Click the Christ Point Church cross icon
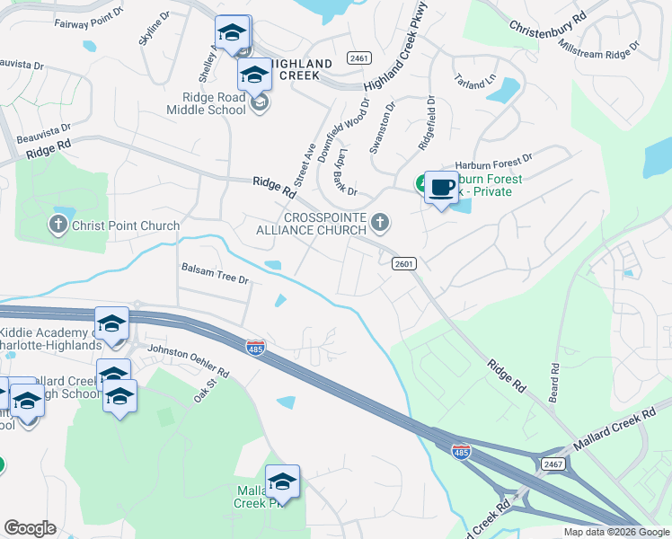[x=59, y=225]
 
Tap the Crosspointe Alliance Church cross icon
[x=381, y=222]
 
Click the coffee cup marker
[x=440, y=188]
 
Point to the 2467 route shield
[x=552, y=463]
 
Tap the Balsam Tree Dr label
[x=215, y=273]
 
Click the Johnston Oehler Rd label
[x=188, y=360]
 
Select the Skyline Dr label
[x=153, y=31]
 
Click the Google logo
[x=30, y=528]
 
